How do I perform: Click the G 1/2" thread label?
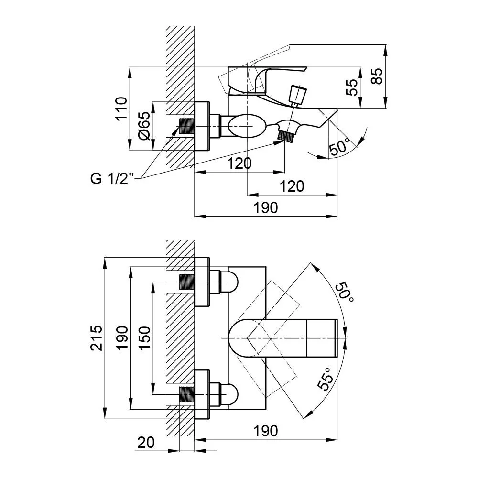pyautogui.click(x=112, y=178)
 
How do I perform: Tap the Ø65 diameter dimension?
pyautogui.click(x=144, y=126)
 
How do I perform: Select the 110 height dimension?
pyautogui.click(x=121, y=109)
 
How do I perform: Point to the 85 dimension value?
pyautogui.click(x=377, y=76)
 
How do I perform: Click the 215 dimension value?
pyautogui.click(x=97, y=338)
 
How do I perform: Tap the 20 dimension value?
pyautogui.click(x=146, y=442)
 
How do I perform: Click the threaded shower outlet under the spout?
pyautogui.click(x=286, y=136)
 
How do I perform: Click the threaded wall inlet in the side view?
pyautogui.click(x=187, y=126)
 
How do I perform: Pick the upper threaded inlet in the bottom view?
pyautogui.click(x=187, y=282)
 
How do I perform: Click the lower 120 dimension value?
pyautogui.click(x=292, y=186)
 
